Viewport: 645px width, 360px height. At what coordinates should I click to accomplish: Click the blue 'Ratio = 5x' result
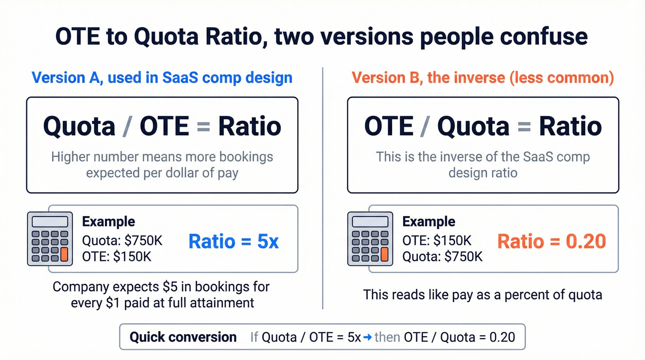[234, 242]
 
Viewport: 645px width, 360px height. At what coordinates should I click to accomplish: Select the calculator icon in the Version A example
[50, 238]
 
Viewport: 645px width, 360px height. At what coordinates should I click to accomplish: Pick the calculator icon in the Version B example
[369, 238]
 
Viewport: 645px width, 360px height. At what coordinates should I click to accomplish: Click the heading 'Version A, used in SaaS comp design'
[162, 77]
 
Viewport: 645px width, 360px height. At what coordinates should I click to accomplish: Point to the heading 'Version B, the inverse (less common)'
[483, 77]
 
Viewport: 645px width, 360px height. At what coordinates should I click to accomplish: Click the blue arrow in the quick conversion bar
[368, 337]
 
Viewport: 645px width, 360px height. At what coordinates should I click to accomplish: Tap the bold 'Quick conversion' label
[183, 337]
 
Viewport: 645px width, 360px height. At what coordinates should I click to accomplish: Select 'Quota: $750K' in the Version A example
[122, 241]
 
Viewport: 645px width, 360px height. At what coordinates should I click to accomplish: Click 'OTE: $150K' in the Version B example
[436, 241]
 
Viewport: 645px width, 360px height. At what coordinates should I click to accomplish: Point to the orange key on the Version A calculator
[64, 254]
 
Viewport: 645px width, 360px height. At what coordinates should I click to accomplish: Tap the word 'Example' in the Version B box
[428, 222]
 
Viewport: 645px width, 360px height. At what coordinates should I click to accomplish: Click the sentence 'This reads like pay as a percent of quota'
[482, 295]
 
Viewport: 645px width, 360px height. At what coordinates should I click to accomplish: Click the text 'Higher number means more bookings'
[162, 157]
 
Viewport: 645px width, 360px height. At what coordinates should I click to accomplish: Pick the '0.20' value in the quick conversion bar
[502, 337]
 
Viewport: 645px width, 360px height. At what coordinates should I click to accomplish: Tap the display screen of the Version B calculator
[369, 222]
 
